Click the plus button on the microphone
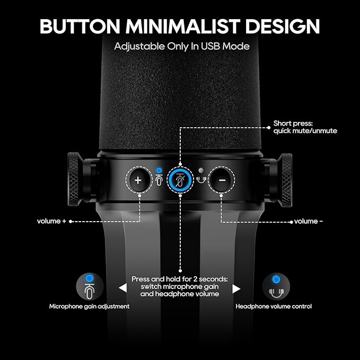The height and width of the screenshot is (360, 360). [x=138, y=180]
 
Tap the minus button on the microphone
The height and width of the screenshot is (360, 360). [x=222, y=180]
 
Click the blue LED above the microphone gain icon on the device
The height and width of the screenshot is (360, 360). [x=159, y=170]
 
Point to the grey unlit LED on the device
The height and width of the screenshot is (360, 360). [x=201, y=170]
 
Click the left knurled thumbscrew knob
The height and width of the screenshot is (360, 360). [x=74, y=179]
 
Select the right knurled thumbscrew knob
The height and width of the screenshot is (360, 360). [x=285, y=180]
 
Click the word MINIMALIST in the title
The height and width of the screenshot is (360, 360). [x=183, y=26]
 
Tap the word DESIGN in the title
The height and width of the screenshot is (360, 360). [x=283, y=26]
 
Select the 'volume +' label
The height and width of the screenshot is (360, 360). [x=51, y=221]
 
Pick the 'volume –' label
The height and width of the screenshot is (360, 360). [x=309, y=221]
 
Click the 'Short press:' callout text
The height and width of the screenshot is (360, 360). [x=293, y=124]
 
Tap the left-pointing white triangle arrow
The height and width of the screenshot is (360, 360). [x=123, y=288]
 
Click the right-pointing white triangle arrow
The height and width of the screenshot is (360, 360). [x=236, y=289]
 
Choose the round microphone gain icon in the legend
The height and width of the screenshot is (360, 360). [x=90, y=286]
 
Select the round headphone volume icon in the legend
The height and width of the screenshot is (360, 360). [x=276, y=286]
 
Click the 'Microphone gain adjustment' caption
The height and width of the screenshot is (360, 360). [x=89, y=306]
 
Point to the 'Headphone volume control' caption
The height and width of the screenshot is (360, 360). [x=274, y=306]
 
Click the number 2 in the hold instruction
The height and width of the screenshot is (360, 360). [x=195, y=279]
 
